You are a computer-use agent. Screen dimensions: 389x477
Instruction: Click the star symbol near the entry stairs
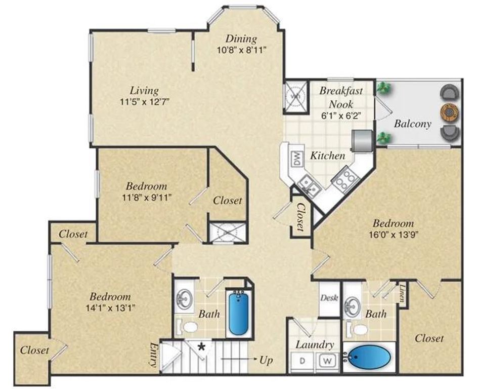point(202,347)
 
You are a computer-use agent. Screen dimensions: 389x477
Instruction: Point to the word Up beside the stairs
point(266,361)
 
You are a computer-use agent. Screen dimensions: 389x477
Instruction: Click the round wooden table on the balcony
point(449,111)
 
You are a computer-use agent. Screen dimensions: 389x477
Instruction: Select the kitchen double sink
point(310,185)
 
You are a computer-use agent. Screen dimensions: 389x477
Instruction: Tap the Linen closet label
point(403,294)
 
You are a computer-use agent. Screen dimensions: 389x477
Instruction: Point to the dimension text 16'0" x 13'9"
point(394,234)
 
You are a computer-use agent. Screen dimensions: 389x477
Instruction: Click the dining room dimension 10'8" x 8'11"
point(241,49)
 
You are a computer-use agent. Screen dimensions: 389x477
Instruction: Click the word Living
point(144,91)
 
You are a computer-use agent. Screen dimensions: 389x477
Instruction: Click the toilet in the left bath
point(190,327)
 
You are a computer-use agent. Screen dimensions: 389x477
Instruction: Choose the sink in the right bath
point(351,305)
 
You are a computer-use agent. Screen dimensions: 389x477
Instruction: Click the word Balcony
point(412,124)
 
